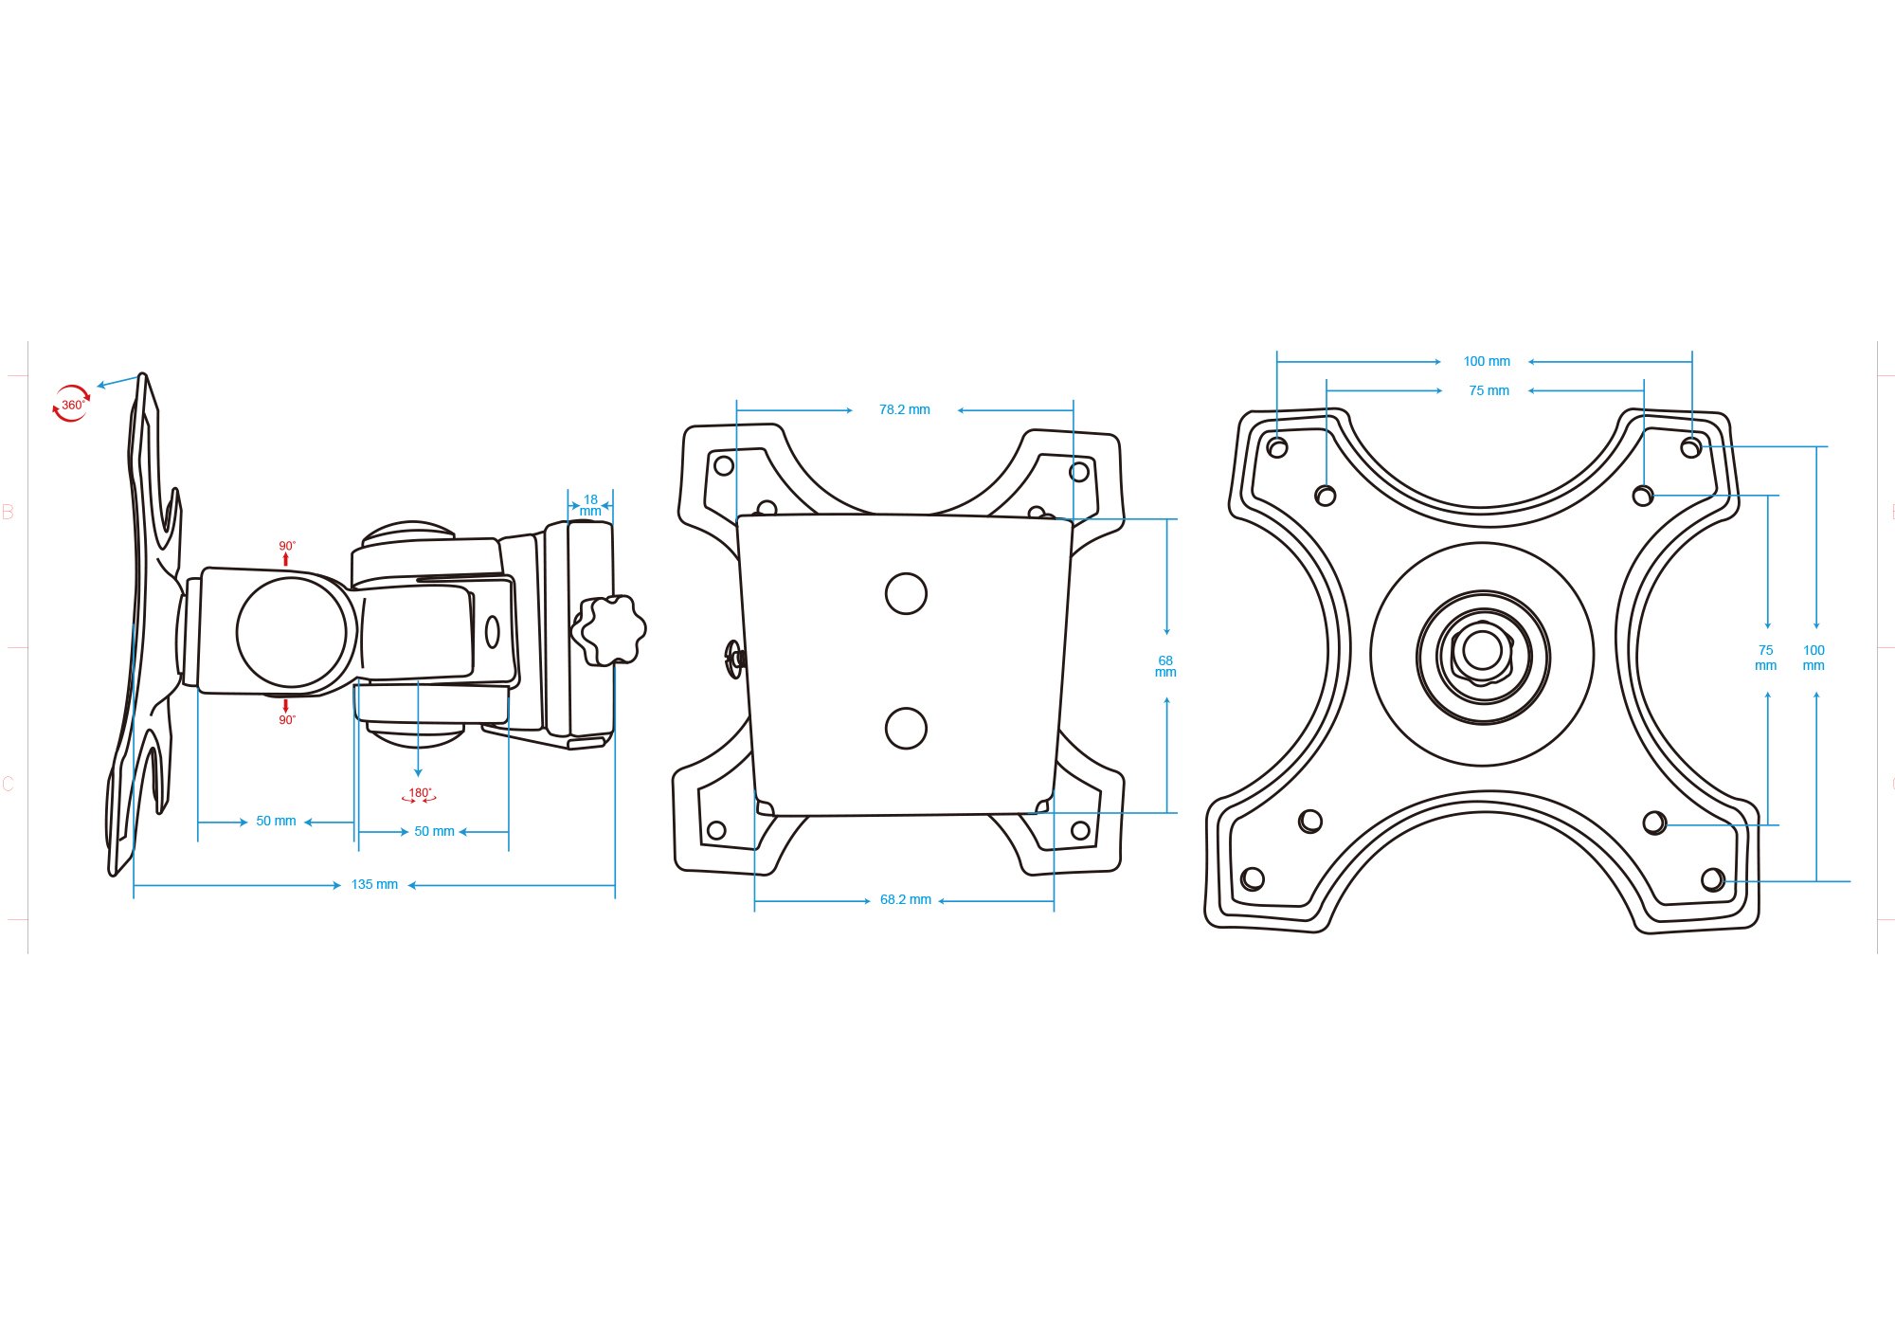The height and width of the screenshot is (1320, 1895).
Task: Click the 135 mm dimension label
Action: point(374,884)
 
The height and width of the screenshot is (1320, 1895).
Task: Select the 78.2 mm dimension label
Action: point(904,409)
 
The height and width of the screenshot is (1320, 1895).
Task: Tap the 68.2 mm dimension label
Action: point(905,899)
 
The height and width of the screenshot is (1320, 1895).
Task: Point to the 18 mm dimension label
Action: point(590,505)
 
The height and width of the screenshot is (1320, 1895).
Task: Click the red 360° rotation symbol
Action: point(71,404)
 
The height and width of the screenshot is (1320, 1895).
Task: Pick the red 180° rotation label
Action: point(419,795)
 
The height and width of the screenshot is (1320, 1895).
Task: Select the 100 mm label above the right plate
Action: point(1487,361)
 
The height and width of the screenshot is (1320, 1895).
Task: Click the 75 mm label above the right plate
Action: point(1489,390)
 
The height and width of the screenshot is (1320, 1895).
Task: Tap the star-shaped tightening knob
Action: point(610,630)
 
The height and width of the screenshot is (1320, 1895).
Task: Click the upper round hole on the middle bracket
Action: point(906,593)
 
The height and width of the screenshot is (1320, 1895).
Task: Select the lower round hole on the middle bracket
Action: point(906,728)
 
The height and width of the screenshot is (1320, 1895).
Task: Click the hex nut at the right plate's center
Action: point(1483,651)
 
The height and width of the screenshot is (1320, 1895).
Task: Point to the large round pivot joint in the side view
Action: point(292,632)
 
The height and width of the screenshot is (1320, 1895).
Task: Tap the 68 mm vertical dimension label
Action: point(1165,666)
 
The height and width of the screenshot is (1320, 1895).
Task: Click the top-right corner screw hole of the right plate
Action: point(1691,446)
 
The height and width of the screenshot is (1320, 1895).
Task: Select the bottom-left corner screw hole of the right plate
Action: point(1253,878)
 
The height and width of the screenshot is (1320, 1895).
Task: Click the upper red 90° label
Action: point(286,546)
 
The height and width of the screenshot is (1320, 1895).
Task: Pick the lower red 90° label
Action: point(286,720)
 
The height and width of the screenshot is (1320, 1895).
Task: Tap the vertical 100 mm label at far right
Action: point(1814,658)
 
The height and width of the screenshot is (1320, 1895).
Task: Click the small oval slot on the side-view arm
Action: point(493,632)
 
